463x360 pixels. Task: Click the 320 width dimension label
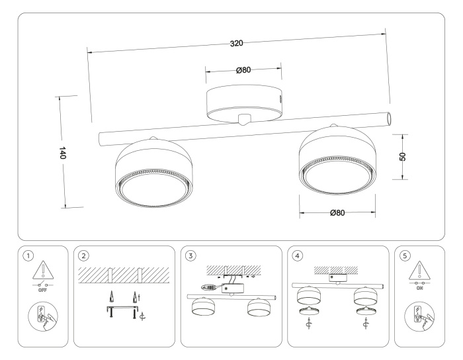click(237, 43)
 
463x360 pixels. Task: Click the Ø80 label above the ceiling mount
click(243, 70)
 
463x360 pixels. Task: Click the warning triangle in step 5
click(421, 271)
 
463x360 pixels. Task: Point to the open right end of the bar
click(390, 118)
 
